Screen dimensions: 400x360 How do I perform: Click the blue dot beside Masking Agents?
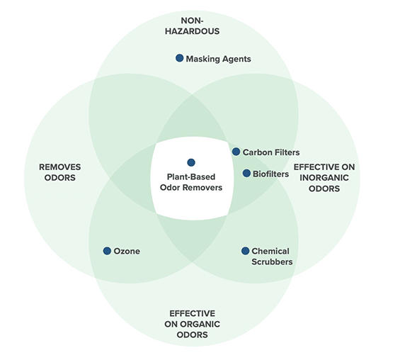[180, 58]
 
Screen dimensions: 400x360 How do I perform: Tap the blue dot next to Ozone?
[107, 251]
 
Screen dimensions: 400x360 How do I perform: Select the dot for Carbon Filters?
[236, 152]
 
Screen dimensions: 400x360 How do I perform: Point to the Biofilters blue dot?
[246, 173]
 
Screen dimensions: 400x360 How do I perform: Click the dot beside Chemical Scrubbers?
[245, 251]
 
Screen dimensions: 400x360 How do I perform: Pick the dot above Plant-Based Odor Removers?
[191, 162]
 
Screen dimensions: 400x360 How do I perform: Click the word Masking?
[202, 59]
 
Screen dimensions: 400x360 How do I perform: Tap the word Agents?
[236, 60]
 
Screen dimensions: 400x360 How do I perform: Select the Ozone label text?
[127, 252]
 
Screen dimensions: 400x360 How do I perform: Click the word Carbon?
[254, 152]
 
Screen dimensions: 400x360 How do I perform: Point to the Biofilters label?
[271, 174]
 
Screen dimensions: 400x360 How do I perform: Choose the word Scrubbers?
[272, 261]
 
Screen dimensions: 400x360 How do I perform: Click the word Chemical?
[270, 252]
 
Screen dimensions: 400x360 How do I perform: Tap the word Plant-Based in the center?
[191, 176]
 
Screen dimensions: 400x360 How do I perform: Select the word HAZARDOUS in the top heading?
[192, 31]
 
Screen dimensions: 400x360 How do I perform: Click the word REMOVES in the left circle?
[60, 167]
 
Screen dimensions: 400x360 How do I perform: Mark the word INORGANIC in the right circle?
[324, 178]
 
